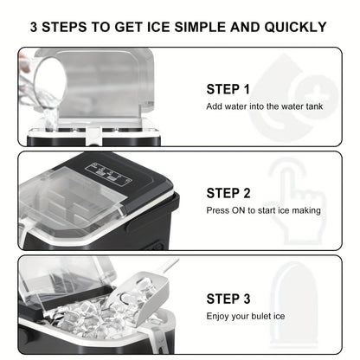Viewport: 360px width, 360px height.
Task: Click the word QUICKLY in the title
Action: tap(295, 27)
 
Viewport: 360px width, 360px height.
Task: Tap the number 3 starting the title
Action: tap(34, 27)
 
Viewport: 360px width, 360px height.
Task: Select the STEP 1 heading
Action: tap(228, 89)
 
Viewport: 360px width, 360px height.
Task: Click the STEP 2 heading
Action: tap(228, 193)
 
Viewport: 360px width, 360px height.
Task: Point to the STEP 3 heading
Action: tap(228, 299)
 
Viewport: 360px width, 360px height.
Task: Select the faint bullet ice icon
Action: tap(293, 305)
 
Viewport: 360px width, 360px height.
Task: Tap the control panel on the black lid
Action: tap(109, 174)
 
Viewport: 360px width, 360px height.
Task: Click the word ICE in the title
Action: tap(158, 27)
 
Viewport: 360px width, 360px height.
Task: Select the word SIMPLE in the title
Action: tap(200, 27)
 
